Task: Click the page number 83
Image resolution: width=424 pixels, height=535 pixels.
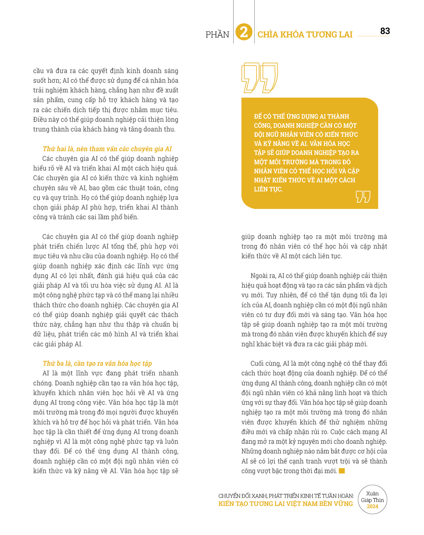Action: point(385,31)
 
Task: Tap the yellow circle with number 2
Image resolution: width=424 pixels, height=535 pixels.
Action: point(244,32)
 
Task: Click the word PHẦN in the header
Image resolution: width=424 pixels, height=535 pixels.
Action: point(217,34)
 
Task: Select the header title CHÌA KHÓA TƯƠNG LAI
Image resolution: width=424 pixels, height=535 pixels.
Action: point(305,34)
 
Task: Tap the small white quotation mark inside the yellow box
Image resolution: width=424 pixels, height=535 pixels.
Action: point(363,196)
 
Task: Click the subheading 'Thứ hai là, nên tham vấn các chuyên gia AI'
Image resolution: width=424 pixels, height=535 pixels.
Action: point(107,149)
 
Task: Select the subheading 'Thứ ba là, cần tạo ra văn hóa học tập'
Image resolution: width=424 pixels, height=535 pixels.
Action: point(97,363)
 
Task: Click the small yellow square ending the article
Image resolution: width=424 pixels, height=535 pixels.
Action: point(342,471)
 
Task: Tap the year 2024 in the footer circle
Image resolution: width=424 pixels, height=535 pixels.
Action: point(372,506)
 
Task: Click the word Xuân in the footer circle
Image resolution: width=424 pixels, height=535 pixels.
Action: point(372,493)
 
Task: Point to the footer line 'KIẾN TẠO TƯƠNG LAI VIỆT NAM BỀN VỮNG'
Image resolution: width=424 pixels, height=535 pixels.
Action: point(285,503)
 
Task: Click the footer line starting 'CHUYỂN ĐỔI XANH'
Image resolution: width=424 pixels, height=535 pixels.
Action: point(286,496)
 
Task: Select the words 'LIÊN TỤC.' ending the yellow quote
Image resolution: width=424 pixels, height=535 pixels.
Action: point(268,189)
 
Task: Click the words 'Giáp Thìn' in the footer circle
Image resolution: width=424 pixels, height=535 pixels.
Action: point(372,500)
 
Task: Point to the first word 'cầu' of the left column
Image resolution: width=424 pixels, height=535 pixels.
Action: point(38,71)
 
